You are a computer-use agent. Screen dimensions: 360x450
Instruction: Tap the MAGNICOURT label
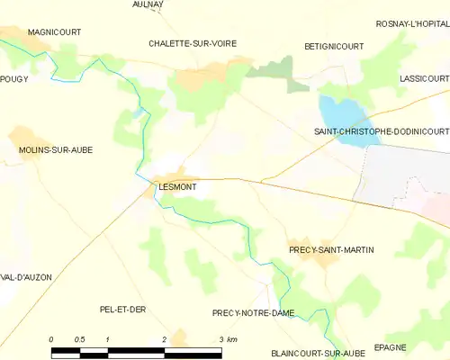click(x=54, y=31)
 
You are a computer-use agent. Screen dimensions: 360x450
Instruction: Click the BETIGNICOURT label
click(x=333, y=45)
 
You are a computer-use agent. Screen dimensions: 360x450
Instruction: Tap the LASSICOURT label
click(x=424, y=79)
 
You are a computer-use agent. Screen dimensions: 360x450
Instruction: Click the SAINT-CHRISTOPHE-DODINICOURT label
click(x=381, y=131)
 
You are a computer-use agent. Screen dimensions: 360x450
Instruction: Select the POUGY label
click(x=15, y=79)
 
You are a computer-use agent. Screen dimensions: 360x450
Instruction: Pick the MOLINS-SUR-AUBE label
click(x=55, y=149)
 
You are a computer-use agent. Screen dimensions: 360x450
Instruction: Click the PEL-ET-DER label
click(x=122, y=309)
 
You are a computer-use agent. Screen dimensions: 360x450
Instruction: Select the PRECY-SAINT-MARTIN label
click(x=331, y=249)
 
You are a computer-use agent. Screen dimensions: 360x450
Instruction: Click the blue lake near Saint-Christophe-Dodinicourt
click(x=343, y=114)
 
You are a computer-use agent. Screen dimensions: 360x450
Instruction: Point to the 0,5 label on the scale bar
click(x=79, y=338)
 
